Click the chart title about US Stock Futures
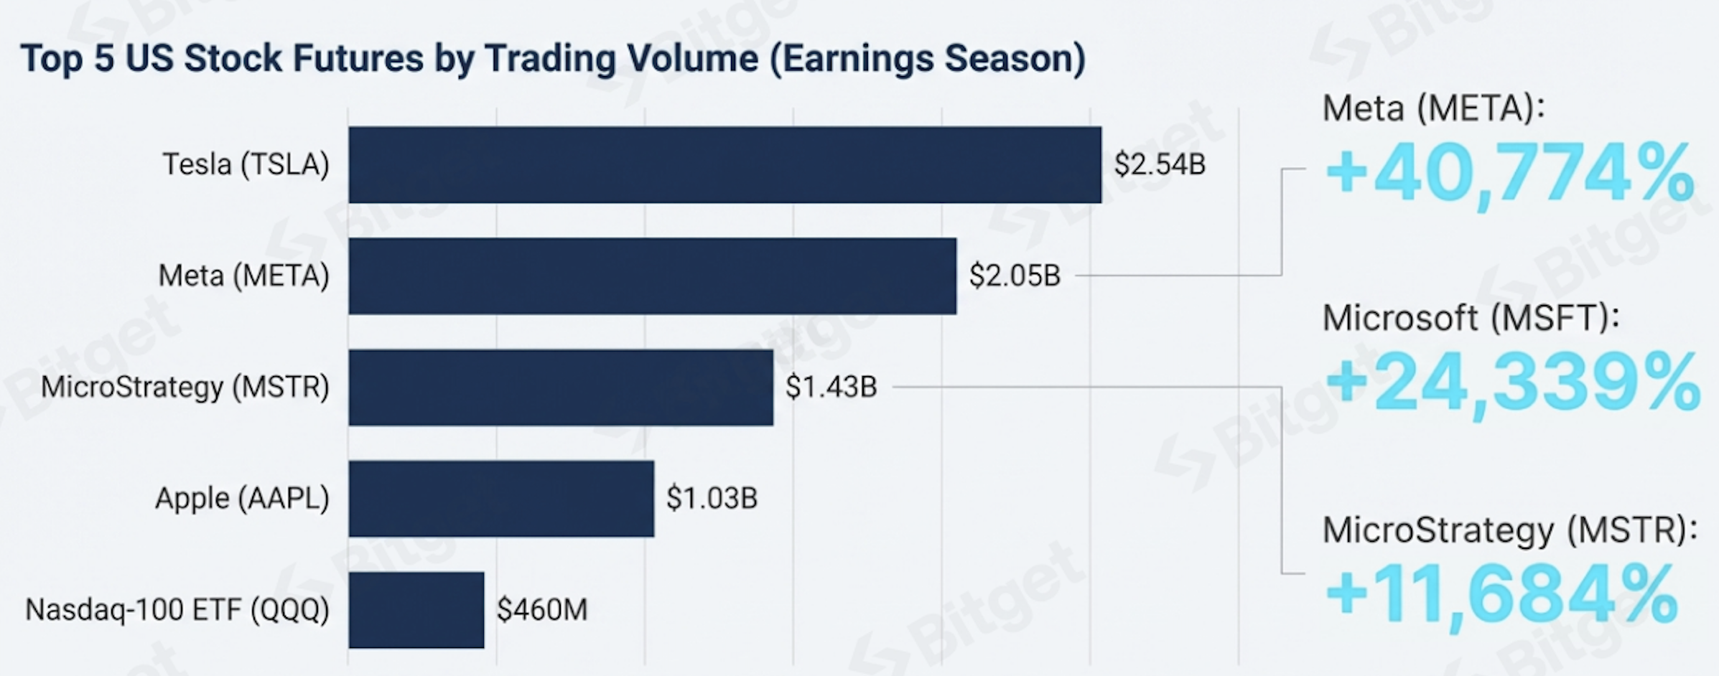[553, 59]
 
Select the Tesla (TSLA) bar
[725, 165]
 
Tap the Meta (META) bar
[652, 276]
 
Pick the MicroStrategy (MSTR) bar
[561, 388]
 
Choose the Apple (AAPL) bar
[501, 499]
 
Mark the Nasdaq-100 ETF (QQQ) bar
[416, 610]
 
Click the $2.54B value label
[1160, 165]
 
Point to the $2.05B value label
[1015, 276]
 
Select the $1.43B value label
[831, 388]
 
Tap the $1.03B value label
[712, 499]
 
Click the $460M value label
[542, 610]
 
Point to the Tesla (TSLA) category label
[246, 165]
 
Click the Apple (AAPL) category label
[242, 499]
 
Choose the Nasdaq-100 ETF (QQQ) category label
[177, 610]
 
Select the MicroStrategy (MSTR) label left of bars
[185, 388]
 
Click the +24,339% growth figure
[1512, 384]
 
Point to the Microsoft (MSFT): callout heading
[1471, 318]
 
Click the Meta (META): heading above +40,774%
[1433, 109]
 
